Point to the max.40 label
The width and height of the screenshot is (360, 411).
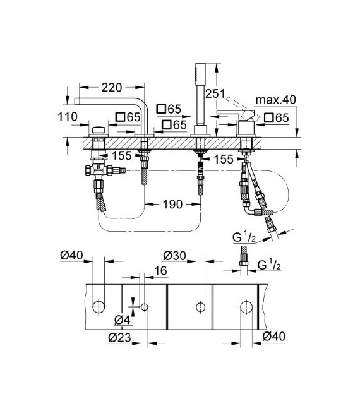276,100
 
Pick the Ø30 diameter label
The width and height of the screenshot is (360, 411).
174,256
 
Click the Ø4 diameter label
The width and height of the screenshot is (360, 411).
124,320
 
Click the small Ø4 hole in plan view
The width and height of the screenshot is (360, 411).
145,307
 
